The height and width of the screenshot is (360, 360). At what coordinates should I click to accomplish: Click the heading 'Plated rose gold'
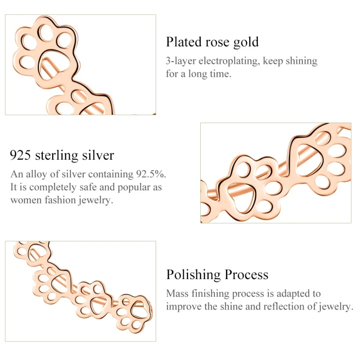tap(212, 42)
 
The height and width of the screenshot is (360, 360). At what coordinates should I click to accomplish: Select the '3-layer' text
tap(181, 61)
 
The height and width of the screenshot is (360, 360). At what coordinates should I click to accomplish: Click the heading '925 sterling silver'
tap(62, 156)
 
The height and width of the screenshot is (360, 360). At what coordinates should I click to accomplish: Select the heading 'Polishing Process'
tap(217, 274)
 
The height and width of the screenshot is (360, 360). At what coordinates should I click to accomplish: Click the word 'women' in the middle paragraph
tap(25, 200)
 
